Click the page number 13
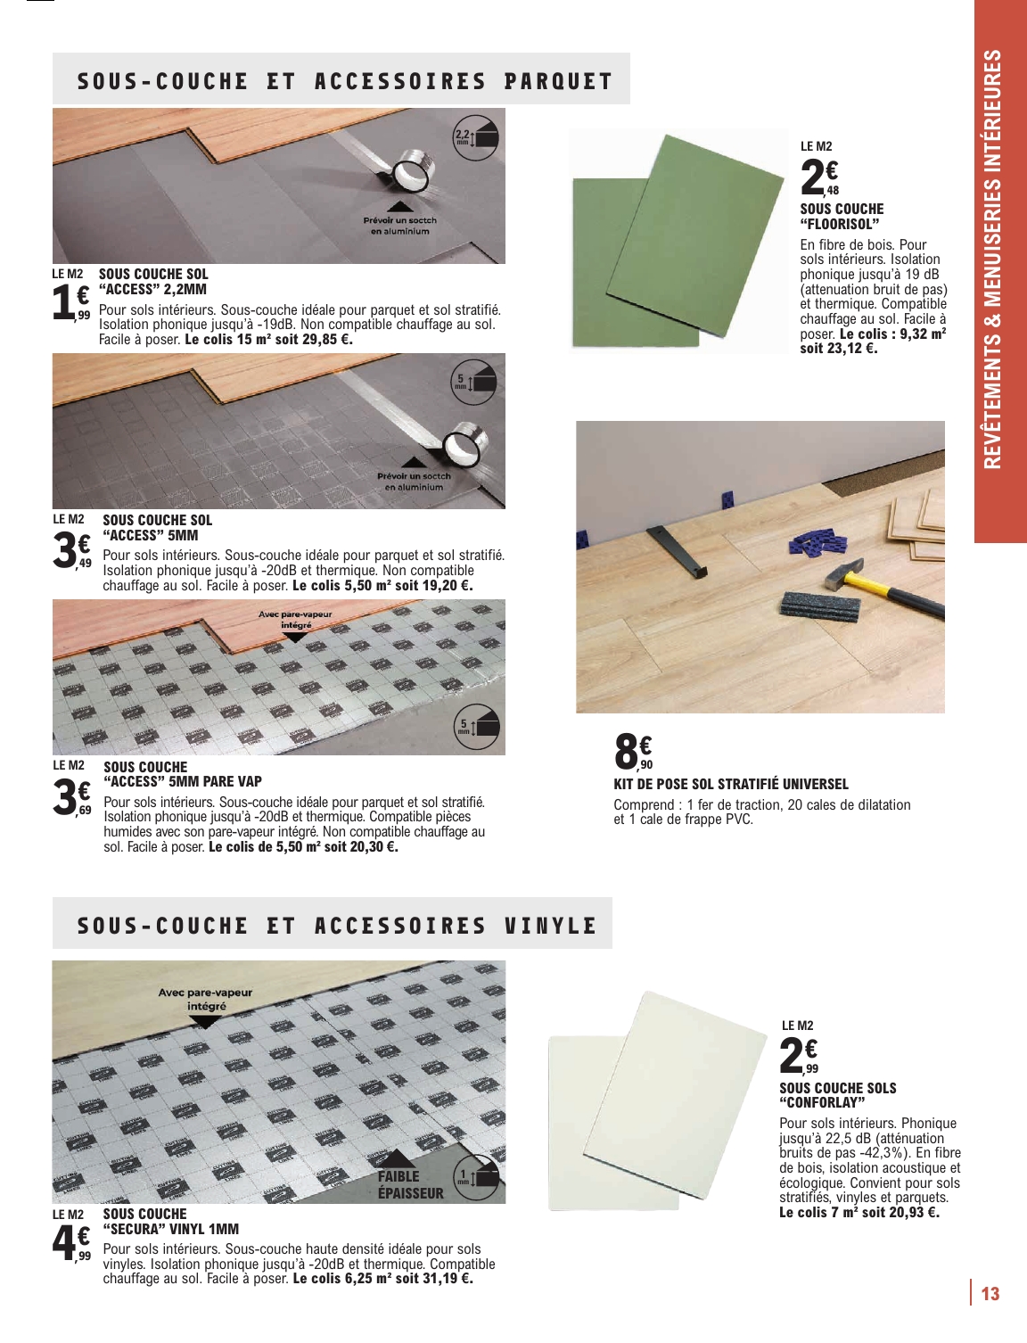pos(990,1294)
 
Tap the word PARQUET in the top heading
pos(558,81)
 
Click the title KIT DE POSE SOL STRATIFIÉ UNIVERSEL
pos(731,785)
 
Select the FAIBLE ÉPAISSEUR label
pos(410,1184)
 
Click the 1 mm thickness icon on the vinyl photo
pos(477,1178)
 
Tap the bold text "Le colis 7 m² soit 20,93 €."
pos(859,1213)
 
